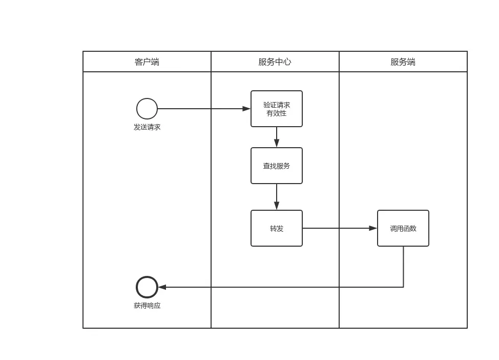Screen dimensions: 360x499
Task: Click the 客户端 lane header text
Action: pos(147,62)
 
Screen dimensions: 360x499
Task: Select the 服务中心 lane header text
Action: pos(275,62)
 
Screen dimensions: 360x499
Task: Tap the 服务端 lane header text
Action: pos(403,62)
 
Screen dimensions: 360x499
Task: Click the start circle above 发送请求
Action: pos(147,109)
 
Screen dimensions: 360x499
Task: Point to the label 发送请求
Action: pos(147,127)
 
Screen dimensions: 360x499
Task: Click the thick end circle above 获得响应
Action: pos(147,287)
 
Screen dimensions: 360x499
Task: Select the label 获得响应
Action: pos(147,306)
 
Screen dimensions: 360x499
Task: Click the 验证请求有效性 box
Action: pos(277,109)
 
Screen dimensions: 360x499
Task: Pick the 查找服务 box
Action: pos(277,166)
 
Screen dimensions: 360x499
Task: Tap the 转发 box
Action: pos(277,228)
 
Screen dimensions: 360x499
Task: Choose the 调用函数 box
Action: pos(403,228)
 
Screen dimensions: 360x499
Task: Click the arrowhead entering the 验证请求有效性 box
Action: pos(246,109)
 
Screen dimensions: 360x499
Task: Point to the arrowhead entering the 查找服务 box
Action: pos(277,143)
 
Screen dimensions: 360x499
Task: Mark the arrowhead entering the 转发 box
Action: pos(277,206)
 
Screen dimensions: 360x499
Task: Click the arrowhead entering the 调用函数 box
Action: pos(373,228)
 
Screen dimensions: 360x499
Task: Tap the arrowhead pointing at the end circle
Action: pos(162,287)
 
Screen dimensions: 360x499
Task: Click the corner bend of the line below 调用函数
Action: pos(403,287)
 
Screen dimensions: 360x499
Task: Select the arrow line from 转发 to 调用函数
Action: pos(338,228)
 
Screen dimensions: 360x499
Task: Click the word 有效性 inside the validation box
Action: pos(277,113)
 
